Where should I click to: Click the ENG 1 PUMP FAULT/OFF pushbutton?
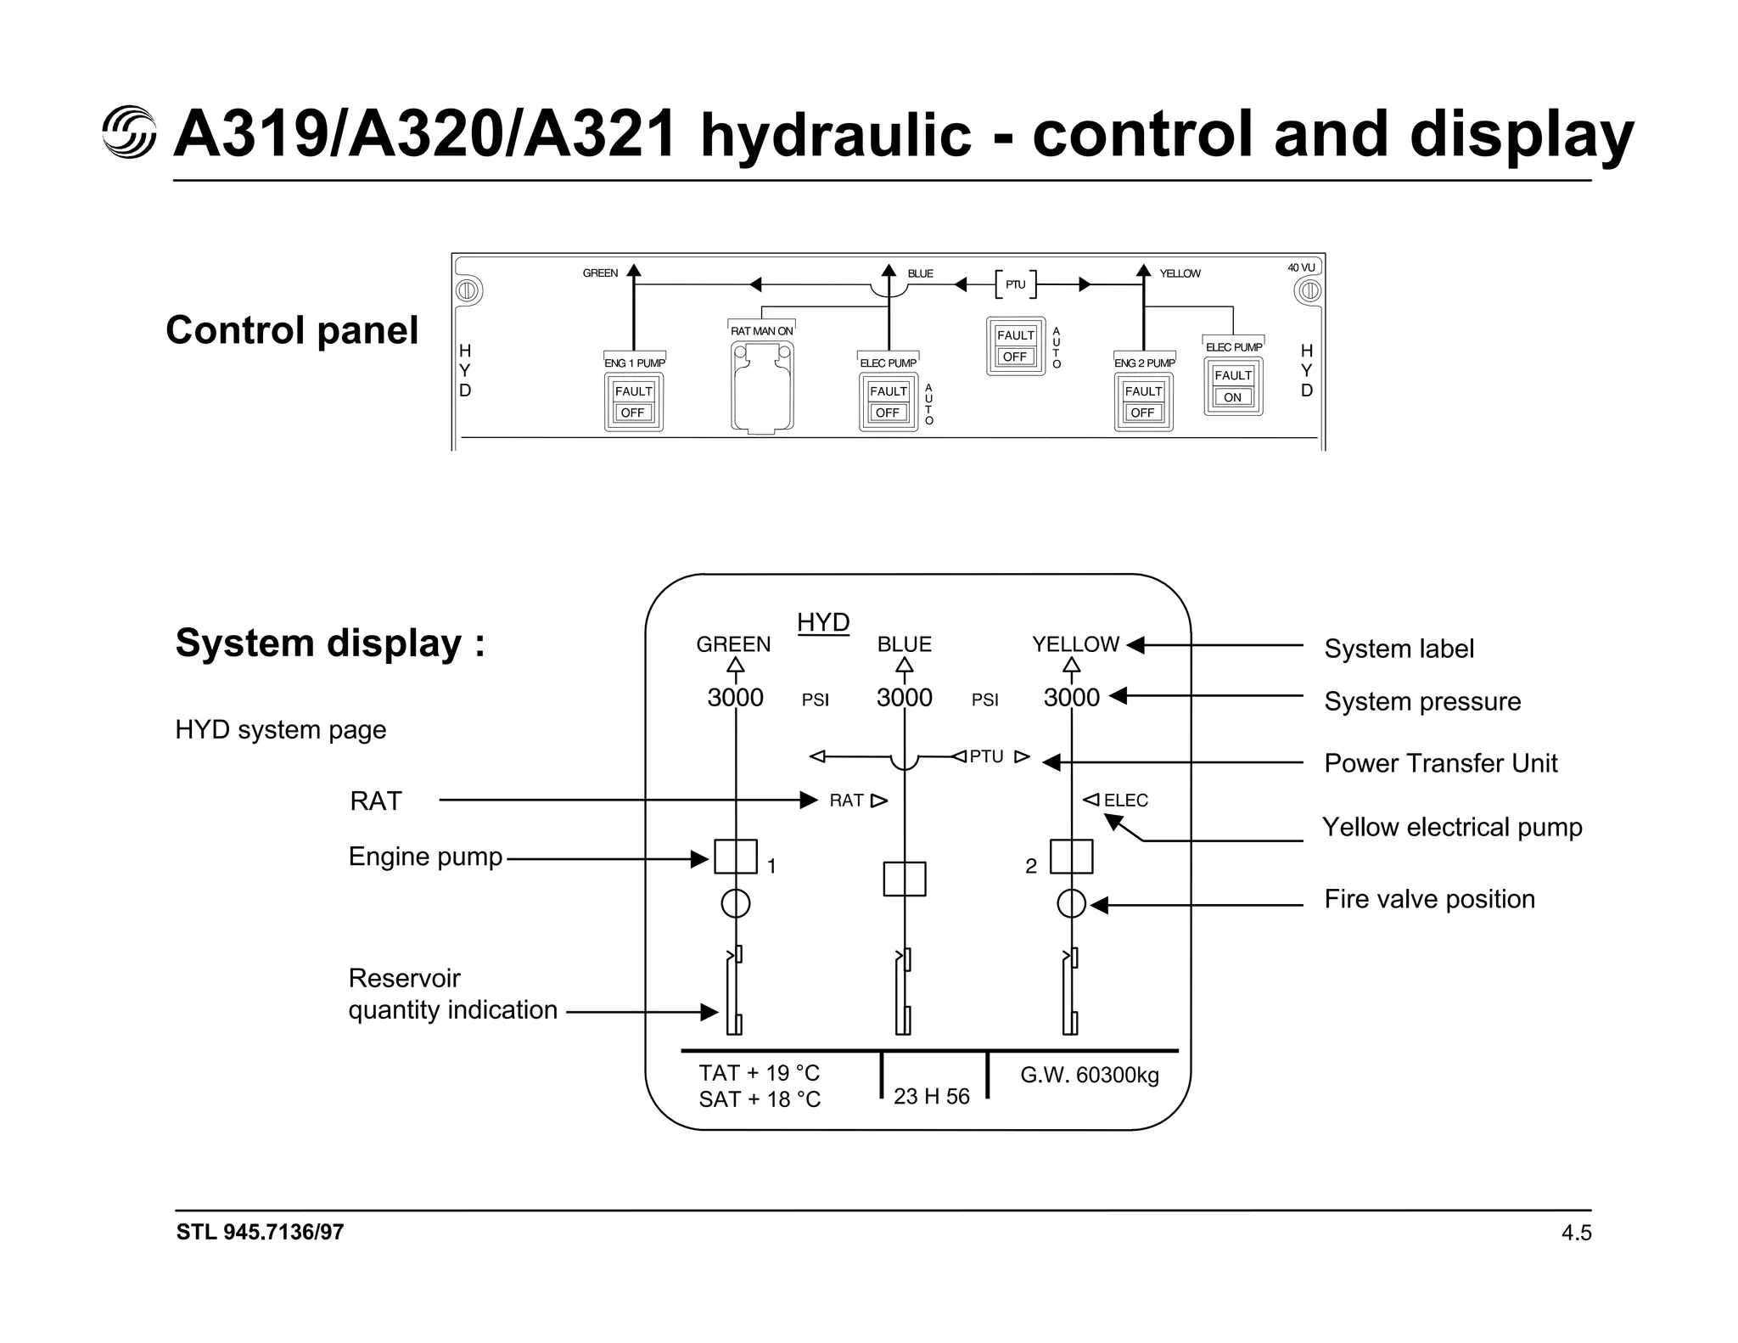pos(633,402)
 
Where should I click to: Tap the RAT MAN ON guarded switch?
pos(762,387)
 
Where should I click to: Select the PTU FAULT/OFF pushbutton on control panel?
pos(1015,346)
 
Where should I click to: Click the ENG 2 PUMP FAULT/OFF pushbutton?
pos(1143,402)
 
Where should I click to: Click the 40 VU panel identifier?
pos(1300,267)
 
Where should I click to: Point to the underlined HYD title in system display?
pos(822,622)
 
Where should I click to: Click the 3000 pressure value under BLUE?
pos(904,698)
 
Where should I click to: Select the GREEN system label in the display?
pos(733,644)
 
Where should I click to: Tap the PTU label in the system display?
pos(986,756)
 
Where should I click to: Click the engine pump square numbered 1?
pos(735,857)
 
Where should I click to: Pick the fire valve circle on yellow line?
pos(1071,904)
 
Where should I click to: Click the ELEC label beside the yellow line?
pos(1125,801)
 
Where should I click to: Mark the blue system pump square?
pos(904,879)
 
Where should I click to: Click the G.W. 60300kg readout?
pos(1089,1076)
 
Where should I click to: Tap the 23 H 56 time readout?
pos(931,1097)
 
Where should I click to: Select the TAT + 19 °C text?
pos(759,1073)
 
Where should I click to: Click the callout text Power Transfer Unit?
pos(1440,763)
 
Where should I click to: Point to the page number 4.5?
pos(1576,1233)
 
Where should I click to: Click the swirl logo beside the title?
pos(129,132)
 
